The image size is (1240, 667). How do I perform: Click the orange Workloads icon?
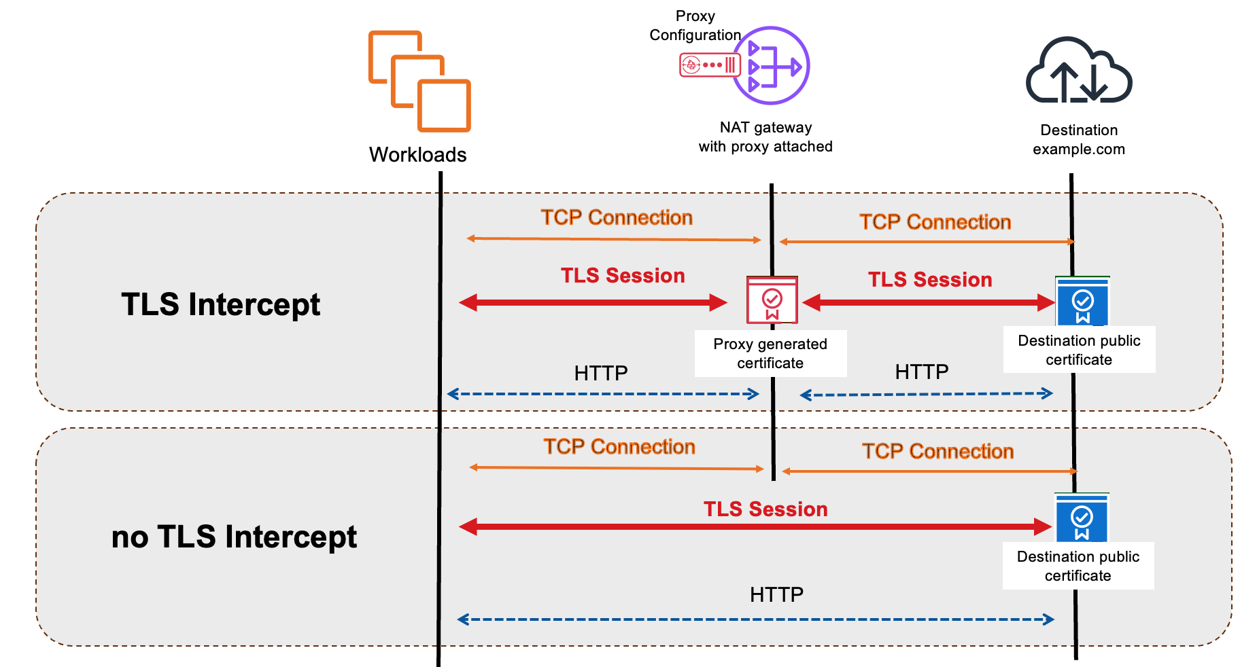[419, 81]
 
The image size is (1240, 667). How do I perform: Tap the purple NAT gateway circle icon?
[772, 66]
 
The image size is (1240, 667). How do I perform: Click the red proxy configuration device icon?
[709, 65]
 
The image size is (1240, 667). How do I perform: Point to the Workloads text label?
[417, 155]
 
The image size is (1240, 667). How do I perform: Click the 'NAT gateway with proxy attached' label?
[765, 137]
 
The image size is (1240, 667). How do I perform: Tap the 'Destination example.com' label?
[1079, 140]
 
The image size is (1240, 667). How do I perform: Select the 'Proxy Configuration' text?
[695, 26]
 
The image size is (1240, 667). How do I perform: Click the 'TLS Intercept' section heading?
[220, 304]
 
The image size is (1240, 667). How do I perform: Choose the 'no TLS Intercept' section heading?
[234, 537]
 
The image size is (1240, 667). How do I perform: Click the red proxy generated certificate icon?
[772, 300]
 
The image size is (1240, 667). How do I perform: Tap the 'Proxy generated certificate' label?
[770, 353]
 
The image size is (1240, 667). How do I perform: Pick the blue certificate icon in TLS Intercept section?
[1082, 301]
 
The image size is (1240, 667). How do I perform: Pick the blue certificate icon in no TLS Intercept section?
[1082, 518]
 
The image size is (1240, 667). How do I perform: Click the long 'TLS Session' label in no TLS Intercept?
[765, 509]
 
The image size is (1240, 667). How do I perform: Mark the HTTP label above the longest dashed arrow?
[776, 595]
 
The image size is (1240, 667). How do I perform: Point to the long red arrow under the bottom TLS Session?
[755, 526]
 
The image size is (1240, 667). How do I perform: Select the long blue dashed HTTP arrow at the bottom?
[755, 619]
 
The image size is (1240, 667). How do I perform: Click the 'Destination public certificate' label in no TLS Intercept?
[1078, 566]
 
